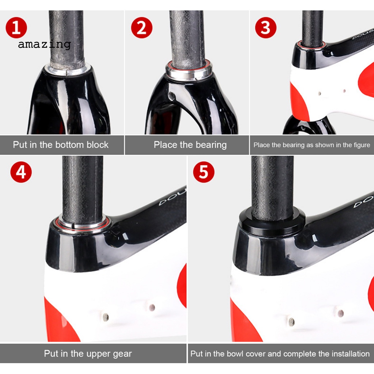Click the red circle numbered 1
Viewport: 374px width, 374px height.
(16, 28)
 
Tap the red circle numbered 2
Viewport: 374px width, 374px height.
(142, 28)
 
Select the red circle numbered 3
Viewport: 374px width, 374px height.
(266, 28)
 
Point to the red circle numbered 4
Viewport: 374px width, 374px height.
(21, 172)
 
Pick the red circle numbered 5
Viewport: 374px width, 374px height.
(204, 172)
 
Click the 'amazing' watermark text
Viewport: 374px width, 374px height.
(44, 44)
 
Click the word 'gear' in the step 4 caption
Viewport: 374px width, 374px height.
(122, 354)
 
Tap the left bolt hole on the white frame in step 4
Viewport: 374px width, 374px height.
(106, 317)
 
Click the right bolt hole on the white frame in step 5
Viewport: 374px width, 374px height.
(341, 313)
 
